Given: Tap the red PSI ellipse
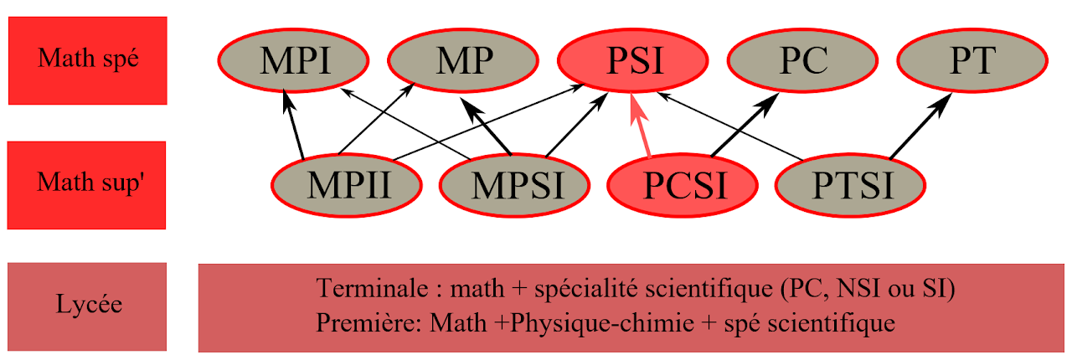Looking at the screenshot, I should point(635,61).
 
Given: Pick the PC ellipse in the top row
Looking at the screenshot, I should point(802,61).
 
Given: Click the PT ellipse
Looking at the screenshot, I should point(971,61).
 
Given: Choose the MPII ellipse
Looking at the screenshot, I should point(348,184).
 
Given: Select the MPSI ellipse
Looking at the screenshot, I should point(513,184).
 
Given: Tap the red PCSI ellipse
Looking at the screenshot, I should point(682,184).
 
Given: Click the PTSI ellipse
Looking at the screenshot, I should point(851,184).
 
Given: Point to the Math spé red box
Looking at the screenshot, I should point(88,60).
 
